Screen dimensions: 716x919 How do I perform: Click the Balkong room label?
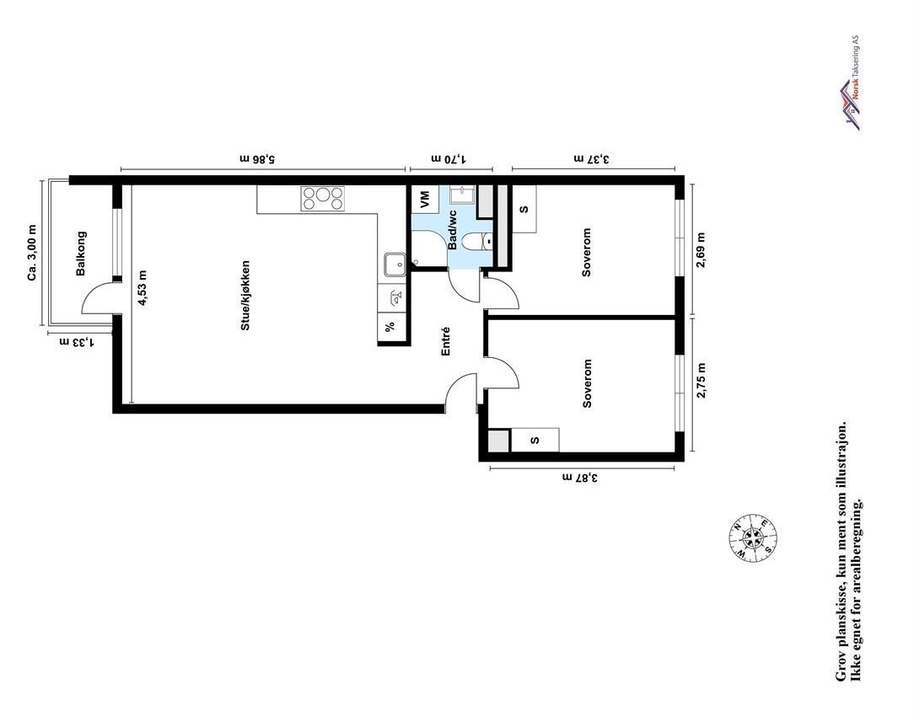[x=82, y=254]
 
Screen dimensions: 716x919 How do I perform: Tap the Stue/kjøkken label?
[x=245, y=294]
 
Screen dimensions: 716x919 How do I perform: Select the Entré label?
[x=446, y=341]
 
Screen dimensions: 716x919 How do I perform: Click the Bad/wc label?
[x=453, y=230]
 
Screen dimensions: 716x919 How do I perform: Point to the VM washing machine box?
[x=424, y=200]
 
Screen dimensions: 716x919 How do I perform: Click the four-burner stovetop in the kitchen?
[x=323, y=198]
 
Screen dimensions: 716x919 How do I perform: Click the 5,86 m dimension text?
[x=258, y=158]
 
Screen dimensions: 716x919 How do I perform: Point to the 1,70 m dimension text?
[x=449, y=158]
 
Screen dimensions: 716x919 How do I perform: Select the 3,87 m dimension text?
[x=580, y=478]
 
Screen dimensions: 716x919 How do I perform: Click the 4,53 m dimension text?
[x=142, y=287]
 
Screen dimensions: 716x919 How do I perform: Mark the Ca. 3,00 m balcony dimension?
[x=32, y=253]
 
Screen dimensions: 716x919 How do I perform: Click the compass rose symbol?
[x=753, y=539]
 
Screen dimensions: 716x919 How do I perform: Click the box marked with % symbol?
[x=390, y=328]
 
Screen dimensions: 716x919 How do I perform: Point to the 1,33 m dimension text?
[x=75, y=341]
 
